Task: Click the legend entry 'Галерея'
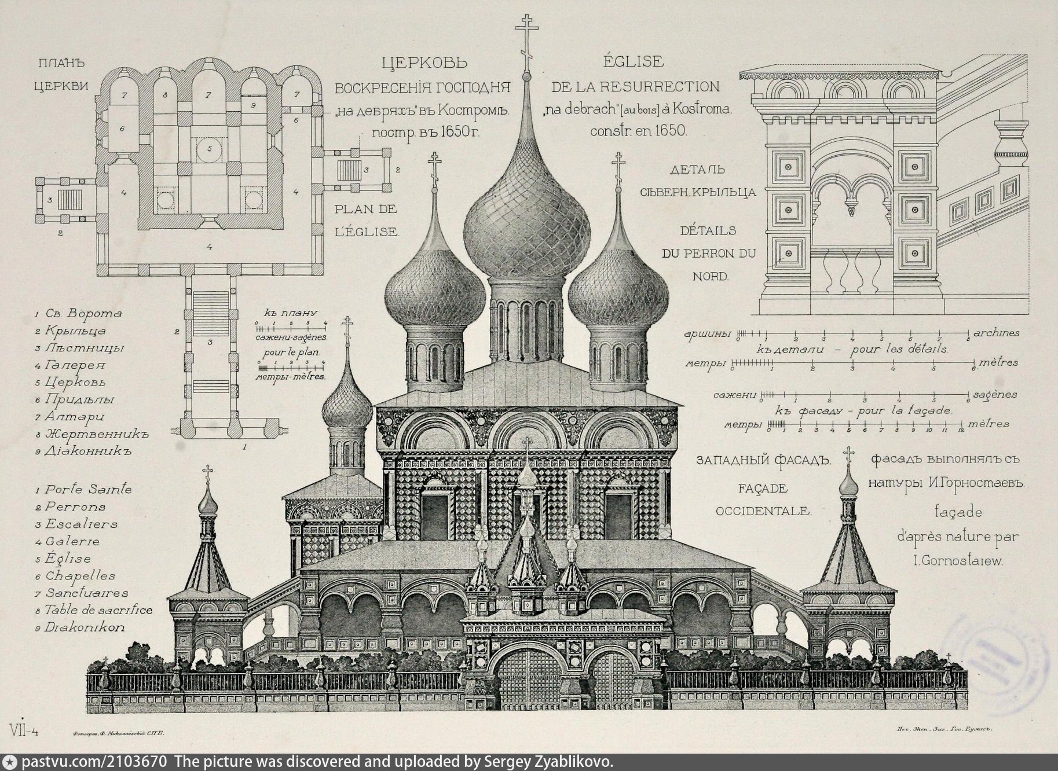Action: (70, 365)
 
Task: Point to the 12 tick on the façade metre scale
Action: (960, 429)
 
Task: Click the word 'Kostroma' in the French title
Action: (701, 108)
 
